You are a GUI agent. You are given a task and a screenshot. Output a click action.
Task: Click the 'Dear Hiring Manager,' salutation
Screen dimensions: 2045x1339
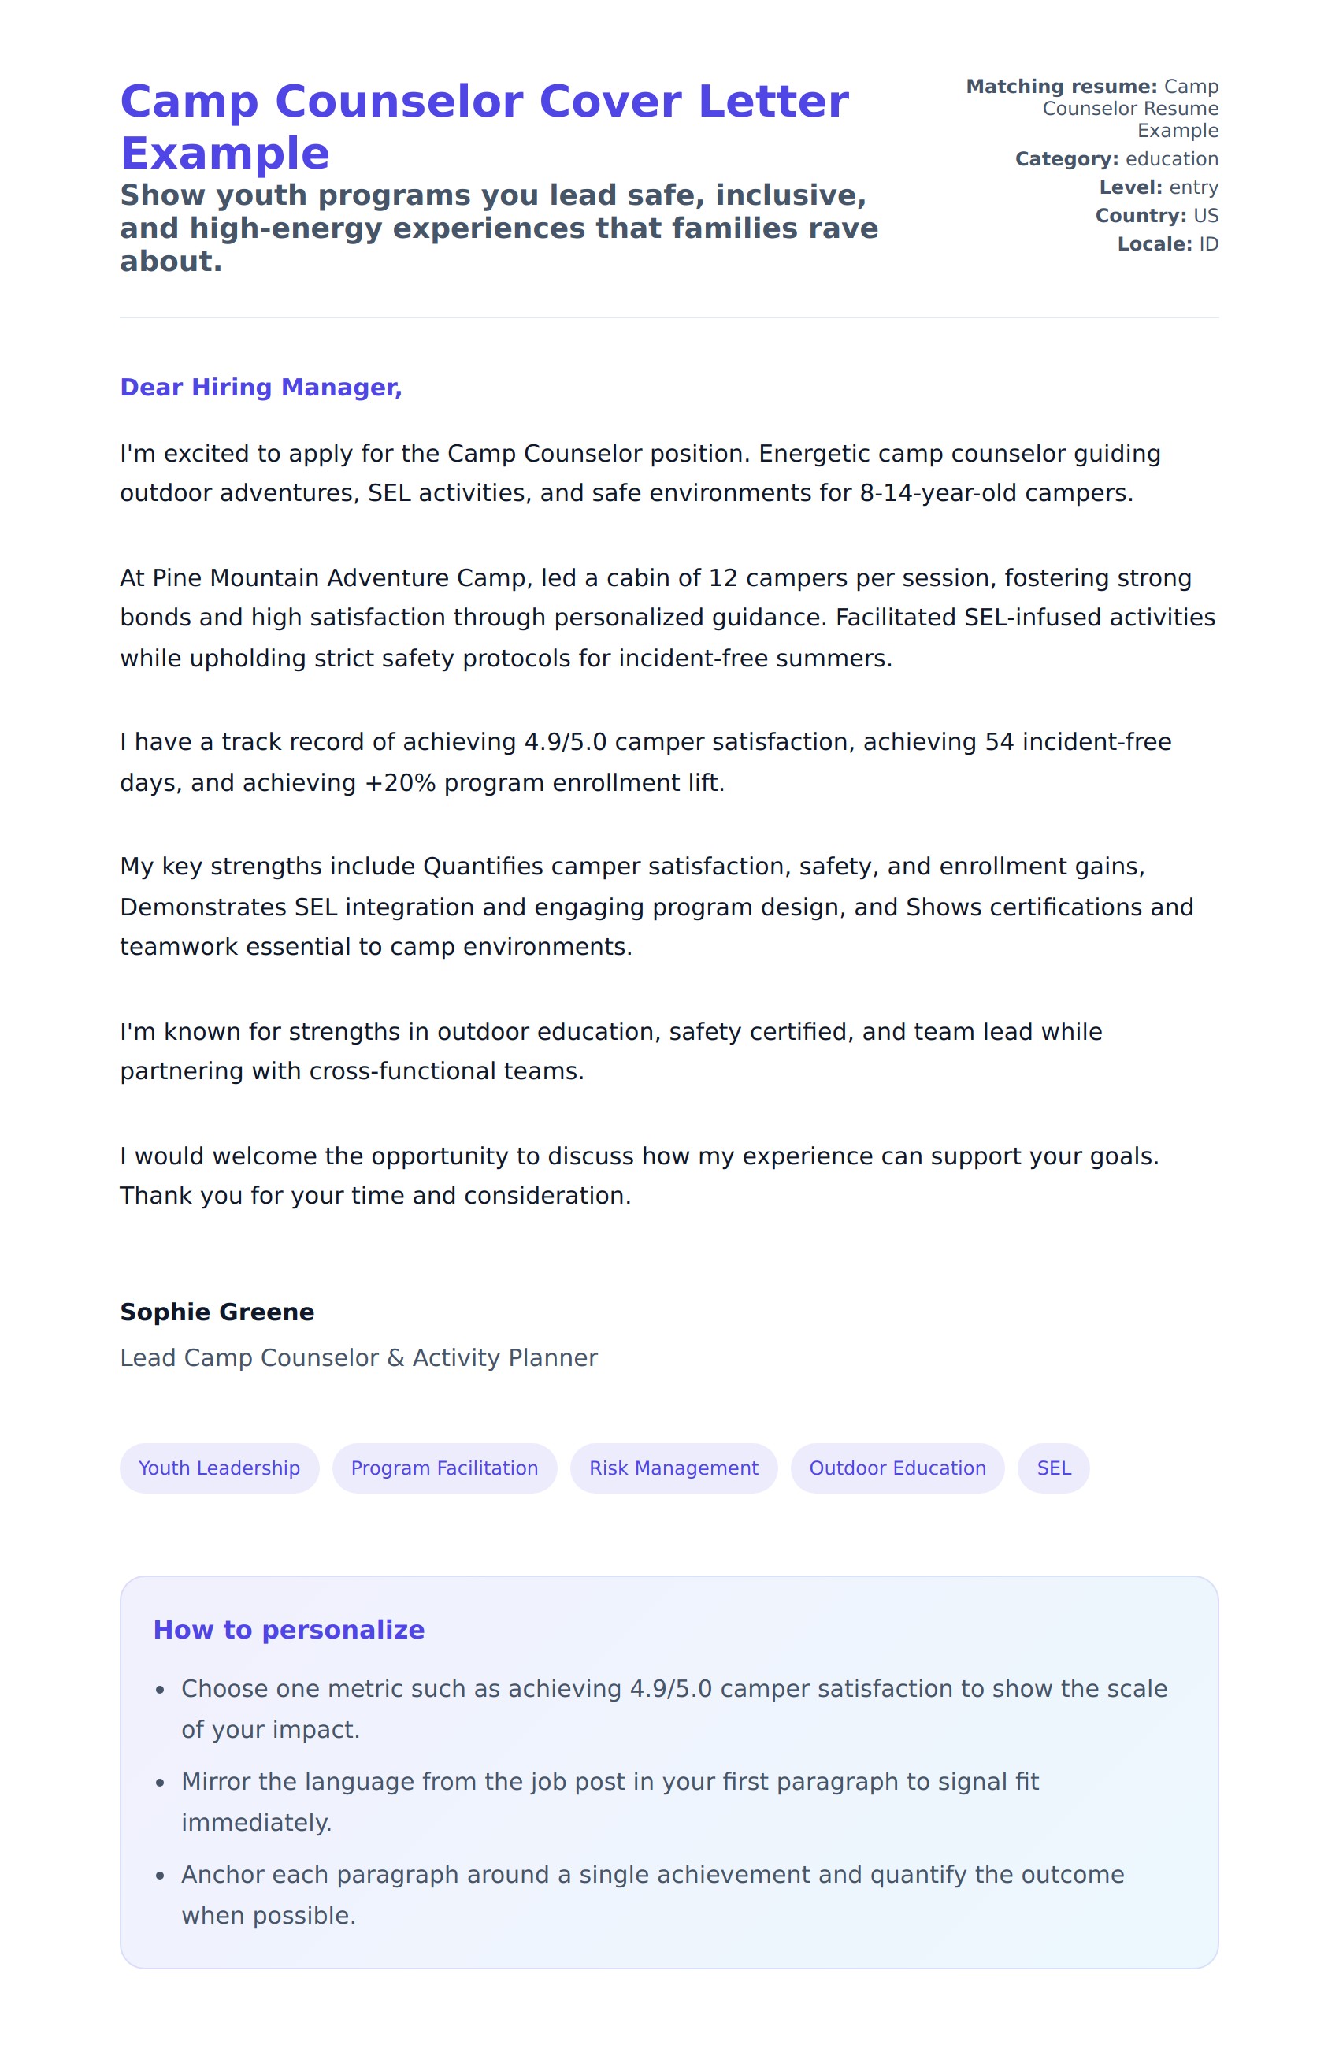260,388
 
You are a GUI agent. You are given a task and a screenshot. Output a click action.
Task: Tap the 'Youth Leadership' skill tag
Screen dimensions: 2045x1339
219,1468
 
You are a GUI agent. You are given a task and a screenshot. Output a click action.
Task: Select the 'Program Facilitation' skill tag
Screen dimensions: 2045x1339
444,1468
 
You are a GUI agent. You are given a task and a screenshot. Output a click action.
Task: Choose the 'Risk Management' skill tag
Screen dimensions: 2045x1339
673,1468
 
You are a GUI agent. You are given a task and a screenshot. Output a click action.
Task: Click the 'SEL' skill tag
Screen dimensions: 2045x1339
1053,1468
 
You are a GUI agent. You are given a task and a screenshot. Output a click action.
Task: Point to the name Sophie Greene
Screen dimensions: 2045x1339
217,1312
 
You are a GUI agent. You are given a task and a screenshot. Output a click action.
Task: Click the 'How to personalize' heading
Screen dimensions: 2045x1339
288,1630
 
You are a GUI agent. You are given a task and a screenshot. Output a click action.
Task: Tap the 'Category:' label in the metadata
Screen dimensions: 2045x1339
1066,159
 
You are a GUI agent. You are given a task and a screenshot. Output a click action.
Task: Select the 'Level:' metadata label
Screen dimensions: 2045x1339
1130,187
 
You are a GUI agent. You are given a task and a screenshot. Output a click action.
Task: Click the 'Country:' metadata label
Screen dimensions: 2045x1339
1140,216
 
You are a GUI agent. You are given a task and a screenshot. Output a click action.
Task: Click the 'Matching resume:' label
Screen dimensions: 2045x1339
1062,87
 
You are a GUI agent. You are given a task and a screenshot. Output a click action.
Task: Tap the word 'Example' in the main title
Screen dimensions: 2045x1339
225,154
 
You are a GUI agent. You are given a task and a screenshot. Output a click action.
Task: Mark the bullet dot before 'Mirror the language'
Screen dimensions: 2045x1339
160,1783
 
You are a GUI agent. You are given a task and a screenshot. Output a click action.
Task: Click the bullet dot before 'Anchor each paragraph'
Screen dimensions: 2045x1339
160,1876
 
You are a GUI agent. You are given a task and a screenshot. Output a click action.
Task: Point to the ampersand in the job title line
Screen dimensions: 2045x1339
395,1357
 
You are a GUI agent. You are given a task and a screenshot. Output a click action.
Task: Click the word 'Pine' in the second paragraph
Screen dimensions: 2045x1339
177,578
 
